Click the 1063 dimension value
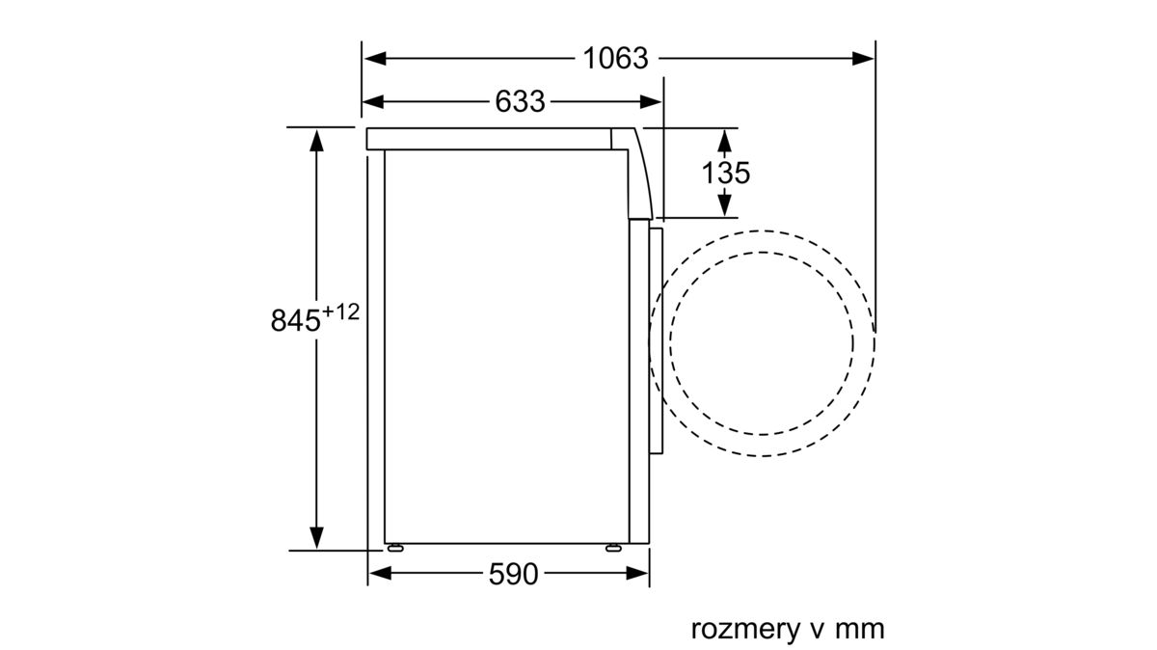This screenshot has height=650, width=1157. click(615, 59)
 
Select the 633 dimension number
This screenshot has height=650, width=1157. click(520, 102)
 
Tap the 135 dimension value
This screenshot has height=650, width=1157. click(725, 173)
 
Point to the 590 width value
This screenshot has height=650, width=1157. click(513, 574)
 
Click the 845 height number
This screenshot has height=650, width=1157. click(295, 320)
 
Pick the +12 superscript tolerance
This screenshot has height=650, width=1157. click(340, 312)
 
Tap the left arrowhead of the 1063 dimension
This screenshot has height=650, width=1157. click(375, 59)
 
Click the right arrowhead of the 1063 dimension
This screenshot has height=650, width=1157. click(863, 59)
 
